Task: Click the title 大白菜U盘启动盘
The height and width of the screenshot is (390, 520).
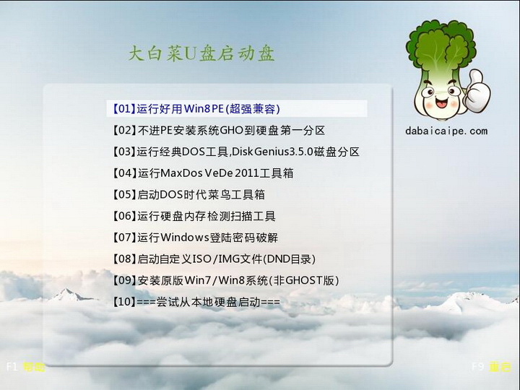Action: (x=201, y=54)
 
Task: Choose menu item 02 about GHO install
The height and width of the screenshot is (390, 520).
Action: (x=219, y=131)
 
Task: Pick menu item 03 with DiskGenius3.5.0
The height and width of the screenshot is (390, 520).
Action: (x=235, y=152)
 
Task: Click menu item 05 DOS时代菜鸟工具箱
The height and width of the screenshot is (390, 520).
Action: (x=189, y=195)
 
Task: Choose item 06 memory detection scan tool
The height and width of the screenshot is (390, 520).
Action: (x=194, y=216)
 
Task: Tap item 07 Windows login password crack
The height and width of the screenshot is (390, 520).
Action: (x=195, y=238)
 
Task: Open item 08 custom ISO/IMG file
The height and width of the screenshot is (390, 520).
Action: (x=214, y=259)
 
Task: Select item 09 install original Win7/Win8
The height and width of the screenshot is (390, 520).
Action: (x=225, y=280)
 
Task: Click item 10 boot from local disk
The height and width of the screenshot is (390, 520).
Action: (x=196, y=302)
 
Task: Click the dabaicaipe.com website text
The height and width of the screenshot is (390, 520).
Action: (x=446, y=131)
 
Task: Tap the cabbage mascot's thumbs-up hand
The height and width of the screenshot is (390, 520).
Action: (x=477, y=85)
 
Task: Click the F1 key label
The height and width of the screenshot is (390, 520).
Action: (x=12, y=367)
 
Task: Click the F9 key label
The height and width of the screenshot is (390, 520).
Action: (x=478, y=367)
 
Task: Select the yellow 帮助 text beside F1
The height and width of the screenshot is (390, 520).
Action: (x=34, y=367)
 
